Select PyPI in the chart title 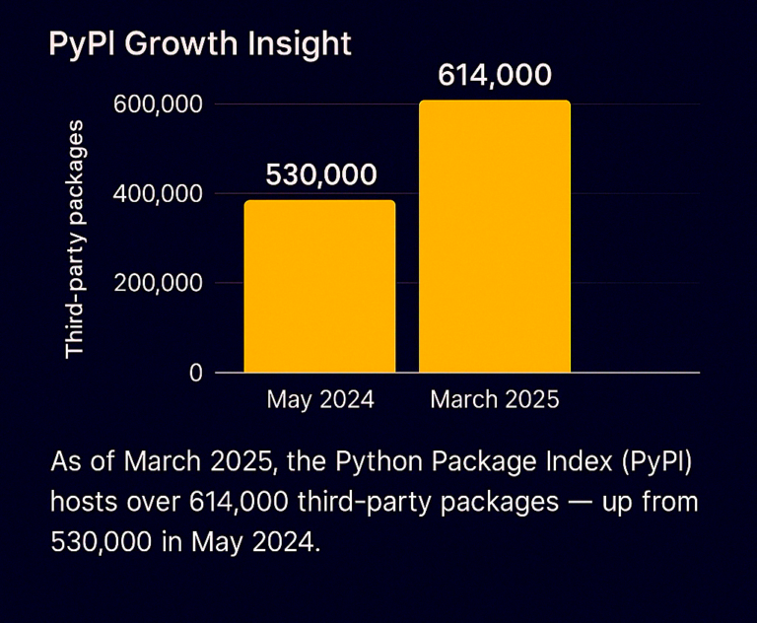point(79,44)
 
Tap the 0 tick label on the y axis point(196,373)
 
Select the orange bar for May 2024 point(319,287)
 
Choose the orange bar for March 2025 point(495,237)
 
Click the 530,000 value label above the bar point(321,175)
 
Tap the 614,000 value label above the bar point(495,76)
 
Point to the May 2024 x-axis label point(320,400)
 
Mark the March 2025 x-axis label point(495,400)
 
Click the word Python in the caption point(374,463)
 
